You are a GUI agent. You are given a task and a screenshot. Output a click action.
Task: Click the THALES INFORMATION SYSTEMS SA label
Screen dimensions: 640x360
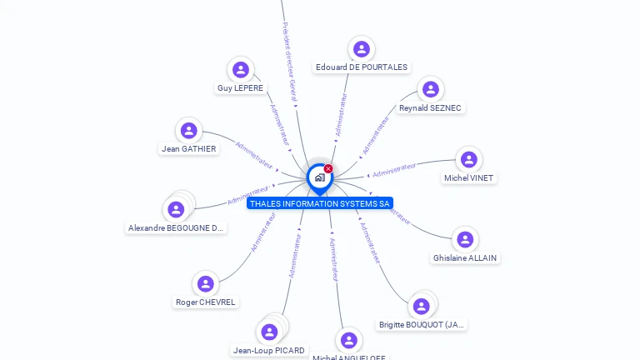319,203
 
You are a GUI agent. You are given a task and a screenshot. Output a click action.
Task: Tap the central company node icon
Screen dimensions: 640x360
319,177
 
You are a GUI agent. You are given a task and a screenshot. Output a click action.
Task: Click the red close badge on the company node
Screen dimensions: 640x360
328,169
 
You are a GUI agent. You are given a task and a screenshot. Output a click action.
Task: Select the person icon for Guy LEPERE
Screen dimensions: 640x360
241,70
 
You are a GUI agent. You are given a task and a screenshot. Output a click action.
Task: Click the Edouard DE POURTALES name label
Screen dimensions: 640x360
361,67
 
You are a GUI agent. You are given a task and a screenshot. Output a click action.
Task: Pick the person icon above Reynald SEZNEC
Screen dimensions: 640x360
430,89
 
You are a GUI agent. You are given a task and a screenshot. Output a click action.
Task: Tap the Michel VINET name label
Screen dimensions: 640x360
468,177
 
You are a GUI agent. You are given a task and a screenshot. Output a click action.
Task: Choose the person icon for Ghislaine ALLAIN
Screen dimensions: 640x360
465,240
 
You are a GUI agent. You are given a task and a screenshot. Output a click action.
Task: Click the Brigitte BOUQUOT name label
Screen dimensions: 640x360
422,324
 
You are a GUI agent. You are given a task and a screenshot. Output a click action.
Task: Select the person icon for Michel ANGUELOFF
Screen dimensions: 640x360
349,340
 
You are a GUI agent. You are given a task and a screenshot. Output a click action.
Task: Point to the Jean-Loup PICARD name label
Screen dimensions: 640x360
269,350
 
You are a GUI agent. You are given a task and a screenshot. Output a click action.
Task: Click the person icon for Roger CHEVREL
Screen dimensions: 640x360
206,284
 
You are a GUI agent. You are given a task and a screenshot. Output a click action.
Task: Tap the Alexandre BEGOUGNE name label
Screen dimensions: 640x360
177,227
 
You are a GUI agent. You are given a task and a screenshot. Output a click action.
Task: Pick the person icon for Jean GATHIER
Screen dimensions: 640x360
189,131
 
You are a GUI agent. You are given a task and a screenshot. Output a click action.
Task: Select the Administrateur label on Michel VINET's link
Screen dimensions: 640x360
393,171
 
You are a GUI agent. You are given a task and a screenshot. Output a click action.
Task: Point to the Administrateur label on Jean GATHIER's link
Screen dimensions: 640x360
254,155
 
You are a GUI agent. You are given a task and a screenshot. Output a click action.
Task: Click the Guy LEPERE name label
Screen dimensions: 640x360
240,87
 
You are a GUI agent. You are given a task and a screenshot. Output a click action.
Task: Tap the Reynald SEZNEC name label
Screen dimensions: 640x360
430,107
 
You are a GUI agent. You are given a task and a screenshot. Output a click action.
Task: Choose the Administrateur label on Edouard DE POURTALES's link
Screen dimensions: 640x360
340,115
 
